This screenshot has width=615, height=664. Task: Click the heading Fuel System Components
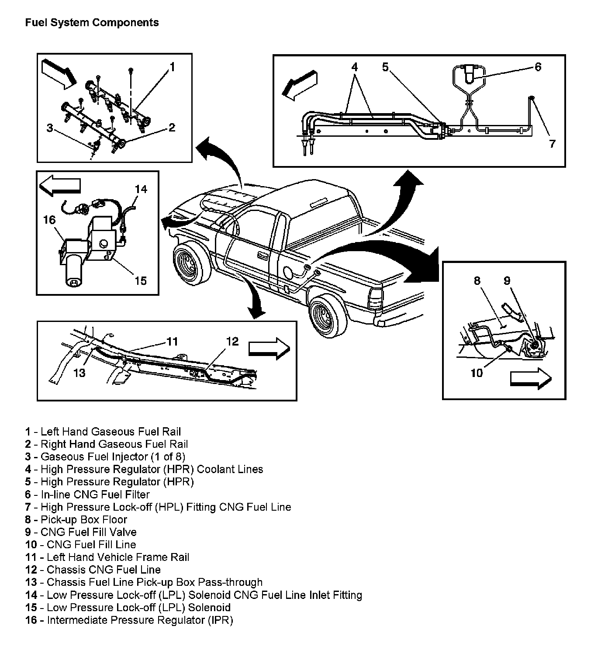tap(92, 23)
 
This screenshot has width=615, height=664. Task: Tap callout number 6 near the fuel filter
tap(538, 67)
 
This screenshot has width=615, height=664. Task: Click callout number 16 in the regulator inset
tap(49, 220)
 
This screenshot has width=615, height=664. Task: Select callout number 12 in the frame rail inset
tap(232, 341)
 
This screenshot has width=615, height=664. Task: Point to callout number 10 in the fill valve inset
tap(477, 373)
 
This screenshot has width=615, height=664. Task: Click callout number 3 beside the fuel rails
tap(50, 128)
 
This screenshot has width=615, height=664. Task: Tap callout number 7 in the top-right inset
tap(552, 144)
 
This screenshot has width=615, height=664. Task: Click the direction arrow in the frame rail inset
tap(269, 348)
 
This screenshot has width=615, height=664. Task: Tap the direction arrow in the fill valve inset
tap(530, 378)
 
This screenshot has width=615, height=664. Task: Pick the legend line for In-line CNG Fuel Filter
tap(87, 495)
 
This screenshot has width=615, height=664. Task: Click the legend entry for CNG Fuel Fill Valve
tap(81, 532)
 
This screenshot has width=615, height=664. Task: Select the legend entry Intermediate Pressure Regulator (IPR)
tap(129, 620)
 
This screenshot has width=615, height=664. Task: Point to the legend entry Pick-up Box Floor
tap(76, 519)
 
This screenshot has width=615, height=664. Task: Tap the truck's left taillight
tap(375, 298)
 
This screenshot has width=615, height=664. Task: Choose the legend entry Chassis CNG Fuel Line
tap(93, 570)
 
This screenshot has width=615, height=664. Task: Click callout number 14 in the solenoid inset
tap(141, 189)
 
